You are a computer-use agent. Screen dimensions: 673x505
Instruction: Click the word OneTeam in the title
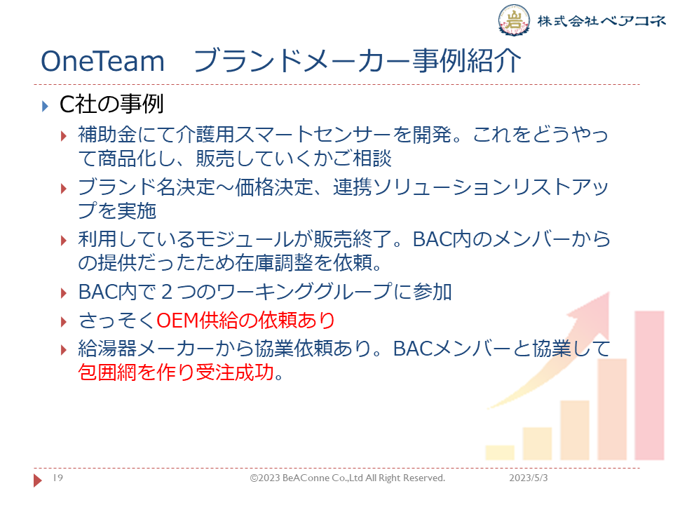(102, 61)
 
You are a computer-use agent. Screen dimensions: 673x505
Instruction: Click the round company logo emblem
(513, 20)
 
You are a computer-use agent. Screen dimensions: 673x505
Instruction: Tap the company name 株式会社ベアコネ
(601, 20)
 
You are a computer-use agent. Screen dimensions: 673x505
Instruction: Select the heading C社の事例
(111, 105)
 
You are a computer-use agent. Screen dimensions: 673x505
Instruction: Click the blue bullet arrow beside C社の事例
(45, 106)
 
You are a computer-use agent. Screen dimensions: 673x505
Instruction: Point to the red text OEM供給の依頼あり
(245, 321)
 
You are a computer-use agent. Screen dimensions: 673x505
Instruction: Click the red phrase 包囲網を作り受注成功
(176, 372)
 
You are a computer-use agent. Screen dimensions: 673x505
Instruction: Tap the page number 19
(58, 478)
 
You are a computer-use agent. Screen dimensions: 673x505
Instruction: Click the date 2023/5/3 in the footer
(529, 478)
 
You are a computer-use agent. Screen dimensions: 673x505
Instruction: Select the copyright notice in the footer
(348, 478)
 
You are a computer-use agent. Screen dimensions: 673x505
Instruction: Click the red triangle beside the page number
(38, 480)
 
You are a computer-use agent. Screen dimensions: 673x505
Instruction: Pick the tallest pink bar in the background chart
(649, 385)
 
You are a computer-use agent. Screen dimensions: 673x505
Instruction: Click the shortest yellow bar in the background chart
(500, 452)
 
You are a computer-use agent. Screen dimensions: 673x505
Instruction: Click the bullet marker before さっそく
(64, 322)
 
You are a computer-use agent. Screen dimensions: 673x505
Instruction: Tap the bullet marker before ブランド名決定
(64, 189)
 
